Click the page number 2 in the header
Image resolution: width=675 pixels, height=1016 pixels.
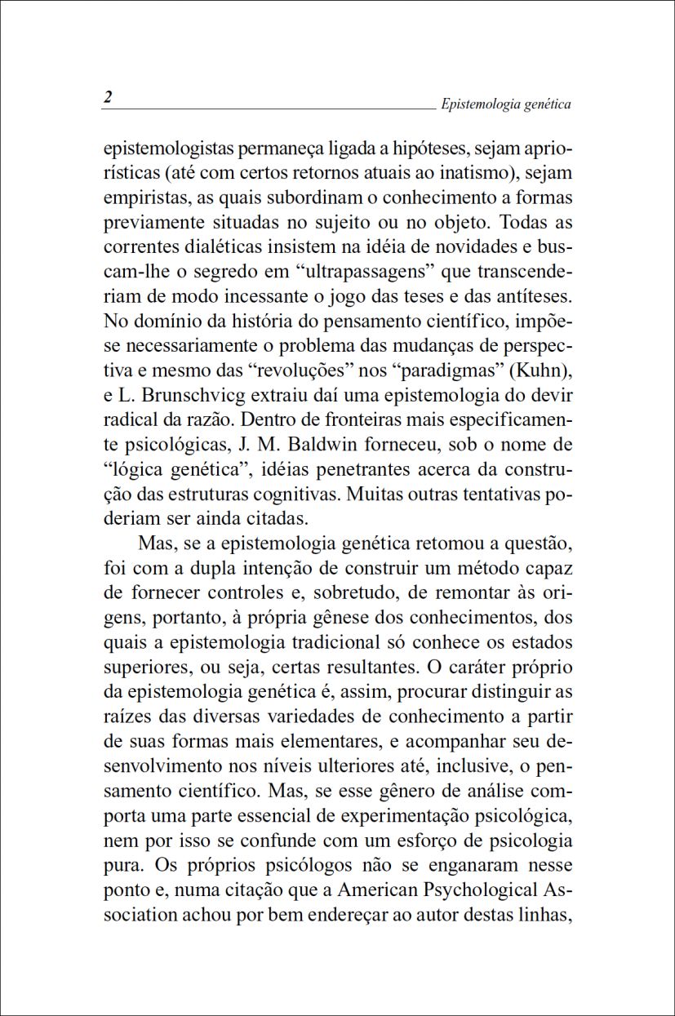pyautogui.click(x=108, y=97)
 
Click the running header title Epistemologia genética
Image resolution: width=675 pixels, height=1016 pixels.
pyautogui.click(x=505, y=104)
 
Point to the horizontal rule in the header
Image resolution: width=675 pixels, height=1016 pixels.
pyautogui.click(x=269, y=109)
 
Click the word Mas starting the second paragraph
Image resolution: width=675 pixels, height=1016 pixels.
pyautogui.click(x=155, y=543)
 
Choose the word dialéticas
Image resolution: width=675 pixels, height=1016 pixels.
pyautogui.click(x=216, y=246)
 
